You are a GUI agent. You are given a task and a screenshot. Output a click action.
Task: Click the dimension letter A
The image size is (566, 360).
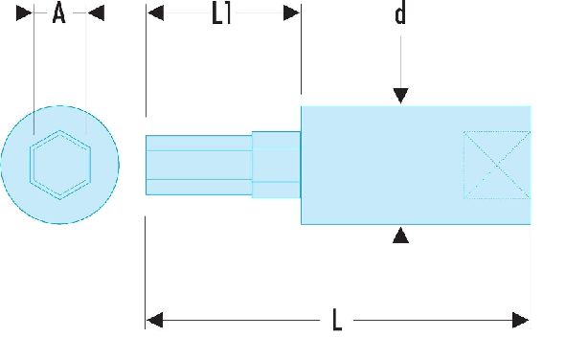tap(59, 12)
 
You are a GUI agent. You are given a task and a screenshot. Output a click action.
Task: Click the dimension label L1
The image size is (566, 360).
tap(221, 14)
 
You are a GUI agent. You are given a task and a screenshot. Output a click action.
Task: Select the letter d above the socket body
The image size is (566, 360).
tap(400, 13)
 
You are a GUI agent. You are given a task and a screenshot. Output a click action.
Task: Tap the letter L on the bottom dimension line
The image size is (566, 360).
tap(337, 320)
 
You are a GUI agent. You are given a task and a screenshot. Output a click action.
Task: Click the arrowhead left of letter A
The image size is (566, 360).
tap(25, 13)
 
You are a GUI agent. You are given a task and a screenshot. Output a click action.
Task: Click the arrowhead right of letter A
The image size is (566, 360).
tap(96, 13)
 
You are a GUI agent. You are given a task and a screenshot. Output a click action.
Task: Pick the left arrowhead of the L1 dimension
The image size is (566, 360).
tap(155, 13)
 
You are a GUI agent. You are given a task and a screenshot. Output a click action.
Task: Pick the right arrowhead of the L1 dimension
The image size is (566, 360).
tap(292, 13)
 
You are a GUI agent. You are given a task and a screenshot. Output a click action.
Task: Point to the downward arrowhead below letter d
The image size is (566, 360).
tap(400, 96)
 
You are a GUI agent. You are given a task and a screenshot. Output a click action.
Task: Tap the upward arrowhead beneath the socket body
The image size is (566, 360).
tap(400, 235)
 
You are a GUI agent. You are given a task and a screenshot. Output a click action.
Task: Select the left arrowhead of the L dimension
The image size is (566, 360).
tap(155, 321)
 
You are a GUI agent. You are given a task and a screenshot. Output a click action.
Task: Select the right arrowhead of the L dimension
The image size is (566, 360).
tap(521, 321)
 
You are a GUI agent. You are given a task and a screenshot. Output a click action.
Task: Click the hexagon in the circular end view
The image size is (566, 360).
tap(60, 131)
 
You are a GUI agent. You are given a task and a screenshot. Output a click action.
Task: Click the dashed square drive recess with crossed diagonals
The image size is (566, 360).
tap(497, 165)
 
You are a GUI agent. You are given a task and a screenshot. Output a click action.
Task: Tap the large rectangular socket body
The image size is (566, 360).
tap(416, 165)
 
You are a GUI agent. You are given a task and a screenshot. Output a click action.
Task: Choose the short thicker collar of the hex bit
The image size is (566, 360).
tap(276, 165)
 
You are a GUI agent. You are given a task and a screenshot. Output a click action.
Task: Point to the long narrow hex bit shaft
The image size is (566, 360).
tap(198, 165)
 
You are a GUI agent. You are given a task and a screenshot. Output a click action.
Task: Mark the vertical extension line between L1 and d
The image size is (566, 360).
tap(301, 50)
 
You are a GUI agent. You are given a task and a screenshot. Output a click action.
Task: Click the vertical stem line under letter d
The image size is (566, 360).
tap(400, 61)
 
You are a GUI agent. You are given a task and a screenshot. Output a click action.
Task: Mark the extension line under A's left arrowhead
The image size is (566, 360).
tap(34, 69)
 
